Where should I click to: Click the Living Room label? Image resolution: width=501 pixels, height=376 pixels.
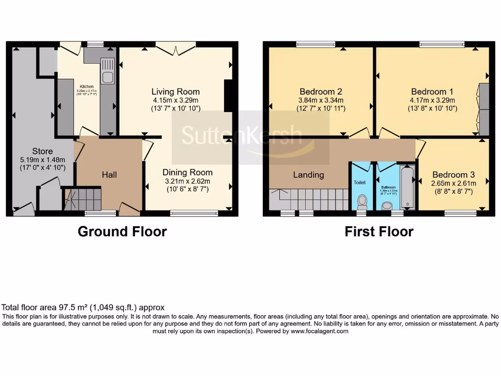[x=175, y=92]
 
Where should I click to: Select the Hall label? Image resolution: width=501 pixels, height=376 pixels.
[x=110, y=175]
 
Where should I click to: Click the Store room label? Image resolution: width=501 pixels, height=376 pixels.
[x=43, y=151]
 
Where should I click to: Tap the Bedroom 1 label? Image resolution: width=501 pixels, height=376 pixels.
[x=428, y=92]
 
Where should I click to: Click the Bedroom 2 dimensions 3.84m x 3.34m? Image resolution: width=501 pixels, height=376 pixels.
[x=320, y=100]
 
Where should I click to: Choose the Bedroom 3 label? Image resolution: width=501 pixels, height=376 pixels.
[x=453, y=175]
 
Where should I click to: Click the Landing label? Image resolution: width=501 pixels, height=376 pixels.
[x=308, y=175]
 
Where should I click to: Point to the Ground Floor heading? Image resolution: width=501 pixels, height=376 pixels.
[x=122, y=232]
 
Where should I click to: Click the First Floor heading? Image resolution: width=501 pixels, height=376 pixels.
[x=379, y=232]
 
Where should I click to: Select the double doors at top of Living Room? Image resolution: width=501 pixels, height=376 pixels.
[x=176, y=48]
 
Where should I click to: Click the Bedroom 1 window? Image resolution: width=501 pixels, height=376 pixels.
[x=442, y=45]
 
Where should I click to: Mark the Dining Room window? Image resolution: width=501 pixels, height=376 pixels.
[x=194, y=213]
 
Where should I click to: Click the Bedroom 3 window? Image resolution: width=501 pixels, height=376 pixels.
[x=460, y=213]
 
